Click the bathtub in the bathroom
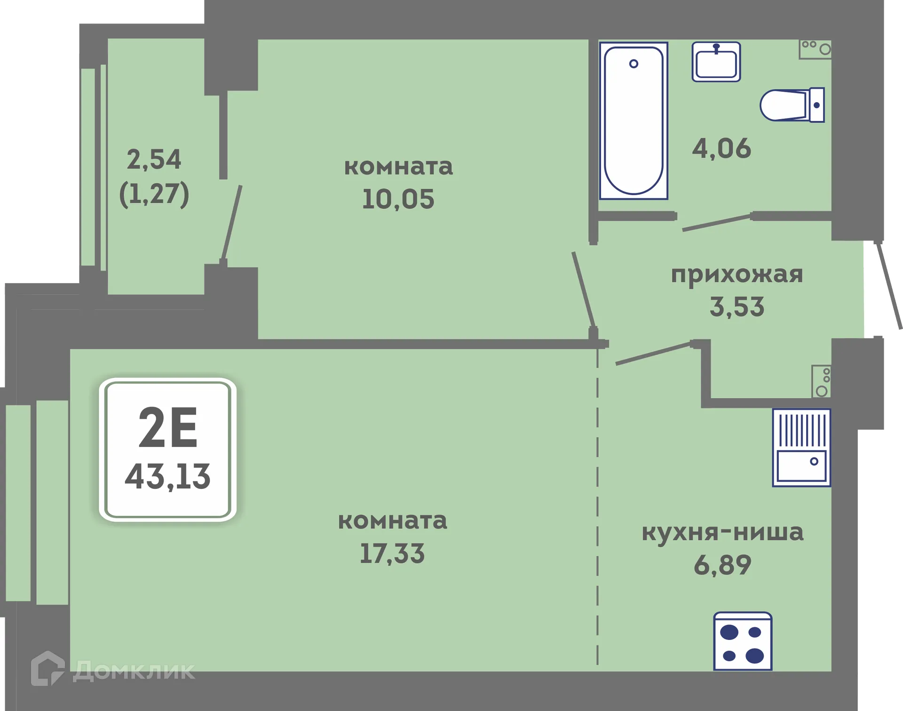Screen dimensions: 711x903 point(633,121)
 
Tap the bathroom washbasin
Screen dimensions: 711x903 point(716,62)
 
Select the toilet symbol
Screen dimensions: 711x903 point(792,105)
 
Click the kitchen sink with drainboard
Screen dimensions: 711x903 point(801,447)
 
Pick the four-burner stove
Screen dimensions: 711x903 point(742,641)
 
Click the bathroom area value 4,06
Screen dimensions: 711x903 point(721,149)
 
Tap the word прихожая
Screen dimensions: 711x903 point(737,274)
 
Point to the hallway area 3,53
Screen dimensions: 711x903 point(737,307)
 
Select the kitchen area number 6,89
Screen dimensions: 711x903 point(722,565)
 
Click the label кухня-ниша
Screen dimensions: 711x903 point(722,532)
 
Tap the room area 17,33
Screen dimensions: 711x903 point(392,553)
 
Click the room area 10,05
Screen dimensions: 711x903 point(398,199)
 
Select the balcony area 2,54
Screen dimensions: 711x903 point(154,160)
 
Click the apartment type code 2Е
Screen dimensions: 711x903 point(168,428)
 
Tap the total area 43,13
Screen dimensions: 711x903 point(168,477)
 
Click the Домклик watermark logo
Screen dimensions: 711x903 point(113,670)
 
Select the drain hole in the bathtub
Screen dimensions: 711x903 point(634,64)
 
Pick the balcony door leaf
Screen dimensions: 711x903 point(232,223)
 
